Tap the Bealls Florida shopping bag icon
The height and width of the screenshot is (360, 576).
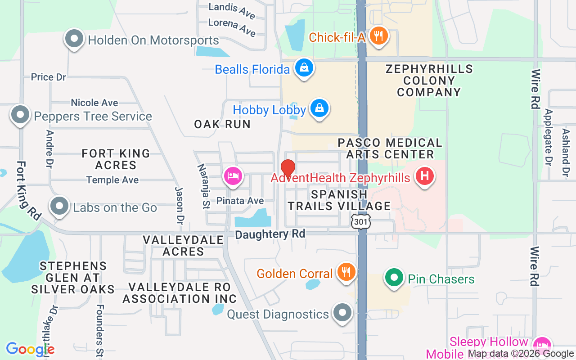pyautogui.click(x=304, y=68)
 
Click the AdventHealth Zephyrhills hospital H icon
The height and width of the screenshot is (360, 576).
pyautogui.click(x=425, y=175)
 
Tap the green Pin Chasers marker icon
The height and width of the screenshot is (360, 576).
pyautogui.click(x=394, y=277)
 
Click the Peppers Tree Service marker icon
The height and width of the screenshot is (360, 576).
pyautogui.click(x=20, y=114)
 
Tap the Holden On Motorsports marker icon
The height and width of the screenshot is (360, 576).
pyautogui.click(x=74, y=39)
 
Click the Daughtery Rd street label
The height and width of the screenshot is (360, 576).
pyautogui.click(x=270, y=234)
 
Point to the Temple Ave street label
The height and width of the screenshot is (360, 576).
pyautogui.click(x=112, y=180)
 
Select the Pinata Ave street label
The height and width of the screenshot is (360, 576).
pyautogui.click(x=240, y=201)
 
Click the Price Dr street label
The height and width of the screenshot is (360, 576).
pyautogui.click(x=49, y=77)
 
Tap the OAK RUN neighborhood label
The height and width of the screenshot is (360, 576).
pyautogui.click(x=222, y=124)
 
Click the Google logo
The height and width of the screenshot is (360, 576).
pyautogui.click(x=30, y=349)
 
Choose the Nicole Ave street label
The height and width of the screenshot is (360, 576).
pyautogui.click(x=94, y=103)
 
